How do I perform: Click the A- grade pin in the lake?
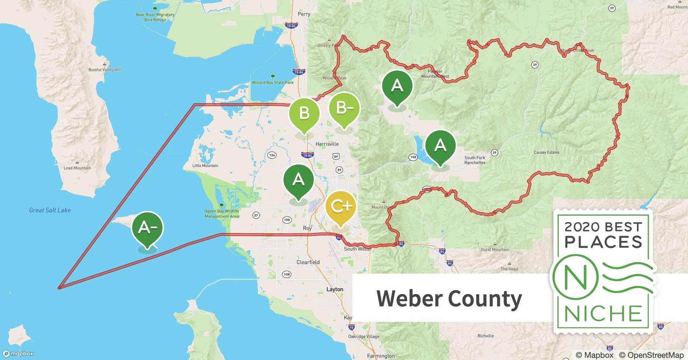tap(147, 228)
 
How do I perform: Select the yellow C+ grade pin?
tap(340, 207)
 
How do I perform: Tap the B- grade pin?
tap(344, 108)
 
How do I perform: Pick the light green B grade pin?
tap(304, 113)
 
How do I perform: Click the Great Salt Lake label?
tap(50, 210)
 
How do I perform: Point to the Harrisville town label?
tap(327, 144)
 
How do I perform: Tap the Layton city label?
tap(335, 289)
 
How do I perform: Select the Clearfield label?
tap(308, 262)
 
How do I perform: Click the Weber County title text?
tap(449, 298)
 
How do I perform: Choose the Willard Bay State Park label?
tap(273, 82)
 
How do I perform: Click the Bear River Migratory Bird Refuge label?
tap(155, 17)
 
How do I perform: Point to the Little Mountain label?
tap(205, 166)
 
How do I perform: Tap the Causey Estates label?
tap(546, 152)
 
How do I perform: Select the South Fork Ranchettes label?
tap(475, 160)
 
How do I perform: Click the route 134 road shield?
tap(272, 156)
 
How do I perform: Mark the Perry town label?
tap(304, 14)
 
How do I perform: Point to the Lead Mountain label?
tap(77, 168)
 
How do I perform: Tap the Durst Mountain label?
tap(495, 249)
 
